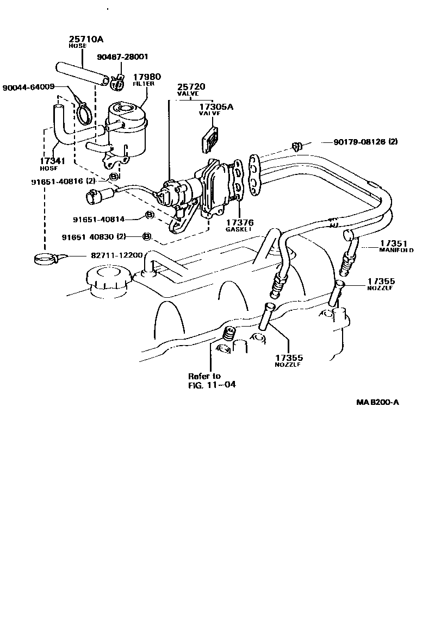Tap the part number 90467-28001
point(122,57)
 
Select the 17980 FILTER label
point(144,79)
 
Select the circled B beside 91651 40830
point(146,236)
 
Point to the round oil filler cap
point(106,283)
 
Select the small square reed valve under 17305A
point(209,139)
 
